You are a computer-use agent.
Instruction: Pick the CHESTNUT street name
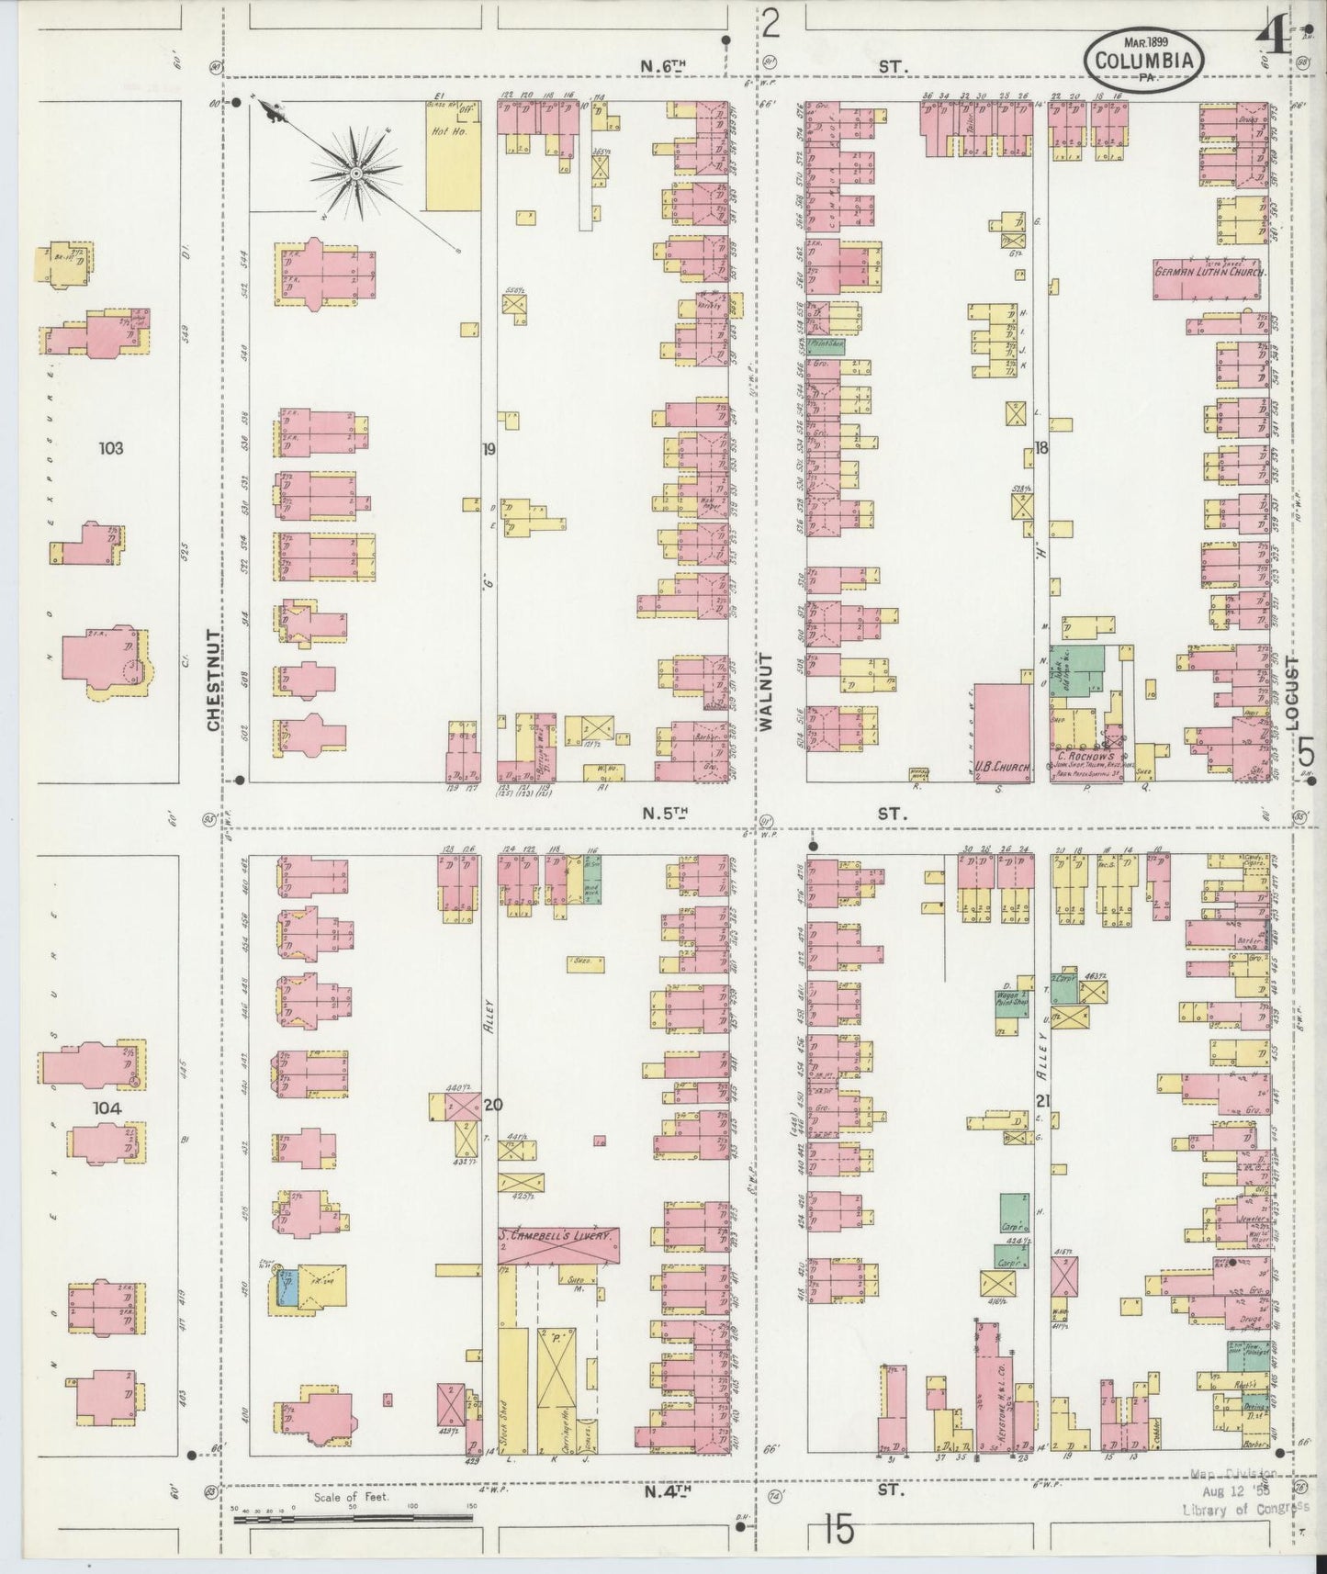tap(213, 680)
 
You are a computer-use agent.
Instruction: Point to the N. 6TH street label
tap(664, 65)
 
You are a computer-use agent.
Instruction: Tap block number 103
tap(110, 448)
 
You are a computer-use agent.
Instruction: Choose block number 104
tap(108, 1108)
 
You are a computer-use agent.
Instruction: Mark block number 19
tap(488, 449)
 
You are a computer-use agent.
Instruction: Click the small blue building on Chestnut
tap(287, 1287)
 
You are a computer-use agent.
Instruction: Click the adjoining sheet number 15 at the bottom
tap(838, 1531)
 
